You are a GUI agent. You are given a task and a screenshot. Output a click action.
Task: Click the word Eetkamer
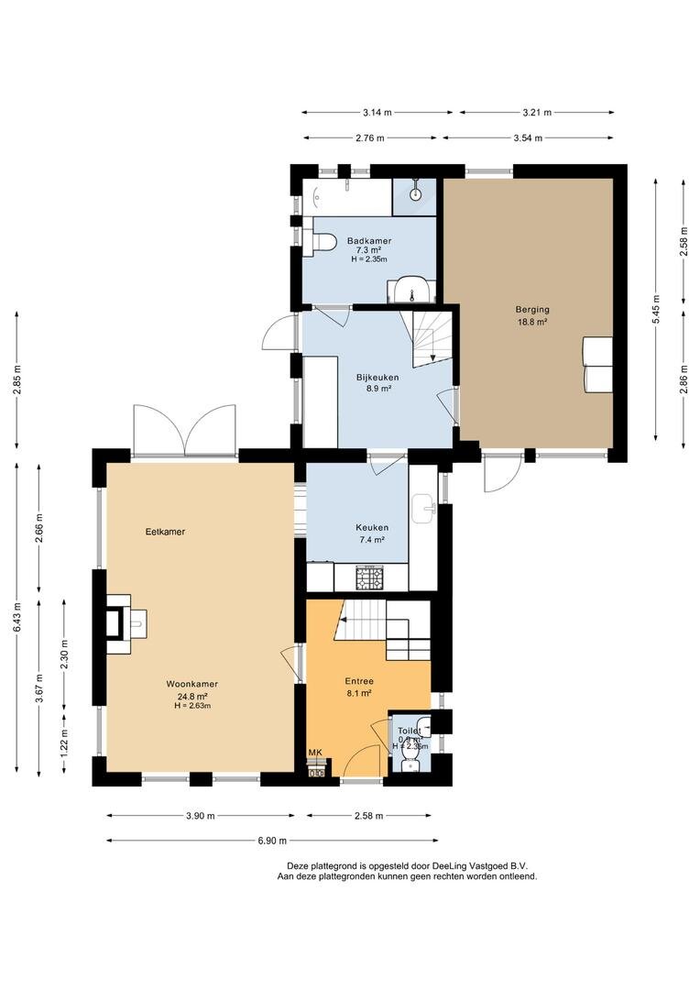pos(165,532)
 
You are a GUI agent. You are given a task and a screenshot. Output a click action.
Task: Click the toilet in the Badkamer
pos(320,243)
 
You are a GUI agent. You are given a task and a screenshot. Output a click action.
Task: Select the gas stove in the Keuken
pos(370,578)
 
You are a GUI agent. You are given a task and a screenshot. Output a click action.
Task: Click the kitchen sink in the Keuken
pos(423,508)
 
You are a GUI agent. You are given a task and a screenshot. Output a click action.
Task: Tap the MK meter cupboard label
pos(315,752)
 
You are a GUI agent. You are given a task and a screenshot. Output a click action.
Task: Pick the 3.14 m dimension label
pos(377,113)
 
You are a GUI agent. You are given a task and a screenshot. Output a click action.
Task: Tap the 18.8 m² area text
pos(532,321)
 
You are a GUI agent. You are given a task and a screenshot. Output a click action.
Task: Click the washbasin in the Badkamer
pos(410,290)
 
